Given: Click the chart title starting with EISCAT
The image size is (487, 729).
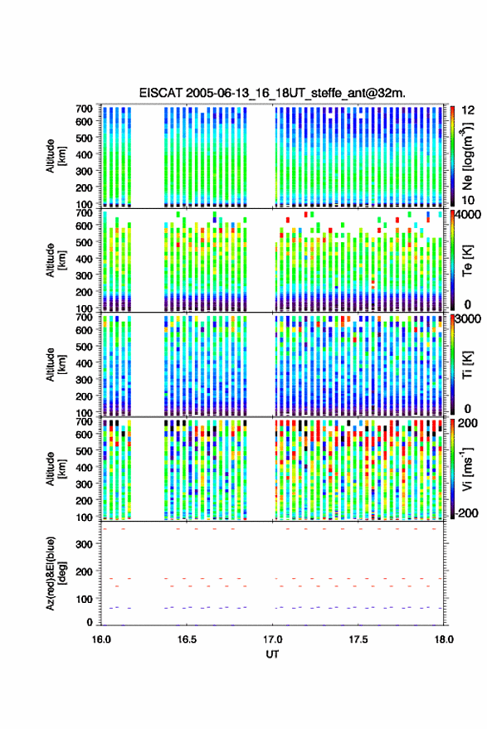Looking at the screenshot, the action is pos(272,93).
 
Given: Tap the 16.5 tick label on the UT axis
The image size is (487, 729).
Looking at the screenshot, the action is pos(187,639).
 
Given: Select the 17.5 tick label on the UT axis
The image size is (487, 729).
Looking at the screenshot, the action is pos(358,639).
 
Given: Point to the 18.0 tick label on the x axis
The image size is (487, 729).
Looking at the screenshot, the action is pos(444,639).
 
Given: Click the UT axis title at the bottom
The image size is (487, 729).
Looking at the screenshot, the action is pos(272,654).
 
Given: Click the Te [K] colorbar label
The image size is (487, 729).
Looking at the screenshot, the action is pos(467,260).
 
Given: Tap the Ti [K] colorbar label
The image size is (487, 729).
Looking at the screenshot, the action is pos(467,365).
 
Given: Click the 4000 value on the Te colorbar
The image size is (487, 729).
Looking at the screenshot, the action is pos(470,216).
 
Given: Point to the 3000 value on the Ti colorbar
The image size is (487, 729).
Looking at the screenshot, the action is pos(470,319).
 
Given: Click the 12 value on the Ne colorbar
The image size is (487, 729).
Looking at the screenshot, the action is pos(468,110).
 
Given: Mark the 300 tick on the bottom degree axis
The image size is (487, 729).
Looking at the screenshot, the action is pos(84,544).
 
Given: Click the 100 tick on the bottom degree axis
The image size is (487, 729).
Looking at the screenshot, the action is pos(84,599).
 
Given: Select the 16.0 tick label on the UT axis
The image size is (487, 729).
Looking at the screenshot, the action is pos(101,639).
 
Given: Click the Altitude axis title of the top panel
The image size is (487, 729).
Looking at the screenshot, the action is pos(56,156).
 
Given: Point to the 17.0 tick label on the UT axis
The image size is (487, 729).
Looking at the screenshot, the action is pos(272,639).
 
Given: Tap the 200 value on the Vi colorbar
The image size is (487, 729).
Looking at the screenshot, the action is pos(467,423).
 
